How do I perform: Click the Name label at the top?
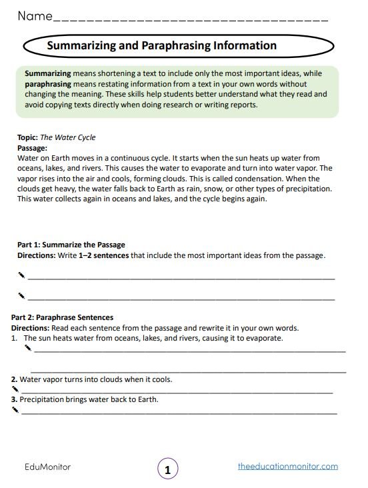click(35, 16)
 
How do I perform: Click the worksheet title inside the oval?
click(162, 46)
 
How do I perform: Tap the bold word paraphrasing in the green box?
click(49, 85)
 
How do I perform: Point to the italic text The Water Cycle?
click(69, 137)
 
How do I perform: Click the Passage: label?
click(32, 147)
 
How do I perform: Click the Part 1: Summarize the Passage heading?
click(71, 245)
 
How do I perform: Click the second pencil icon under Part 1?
click(21, 295)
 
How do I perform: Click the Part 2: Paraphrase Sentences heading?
click(63, 317)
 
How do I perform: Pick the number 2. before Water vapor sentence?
click(15, 379)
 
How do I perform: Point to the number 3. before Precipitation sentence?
click(15, 400)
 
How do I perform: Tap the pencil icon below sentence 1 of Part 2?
click(27, 347)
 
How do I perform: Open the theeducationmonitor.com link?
click(288, 467)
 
